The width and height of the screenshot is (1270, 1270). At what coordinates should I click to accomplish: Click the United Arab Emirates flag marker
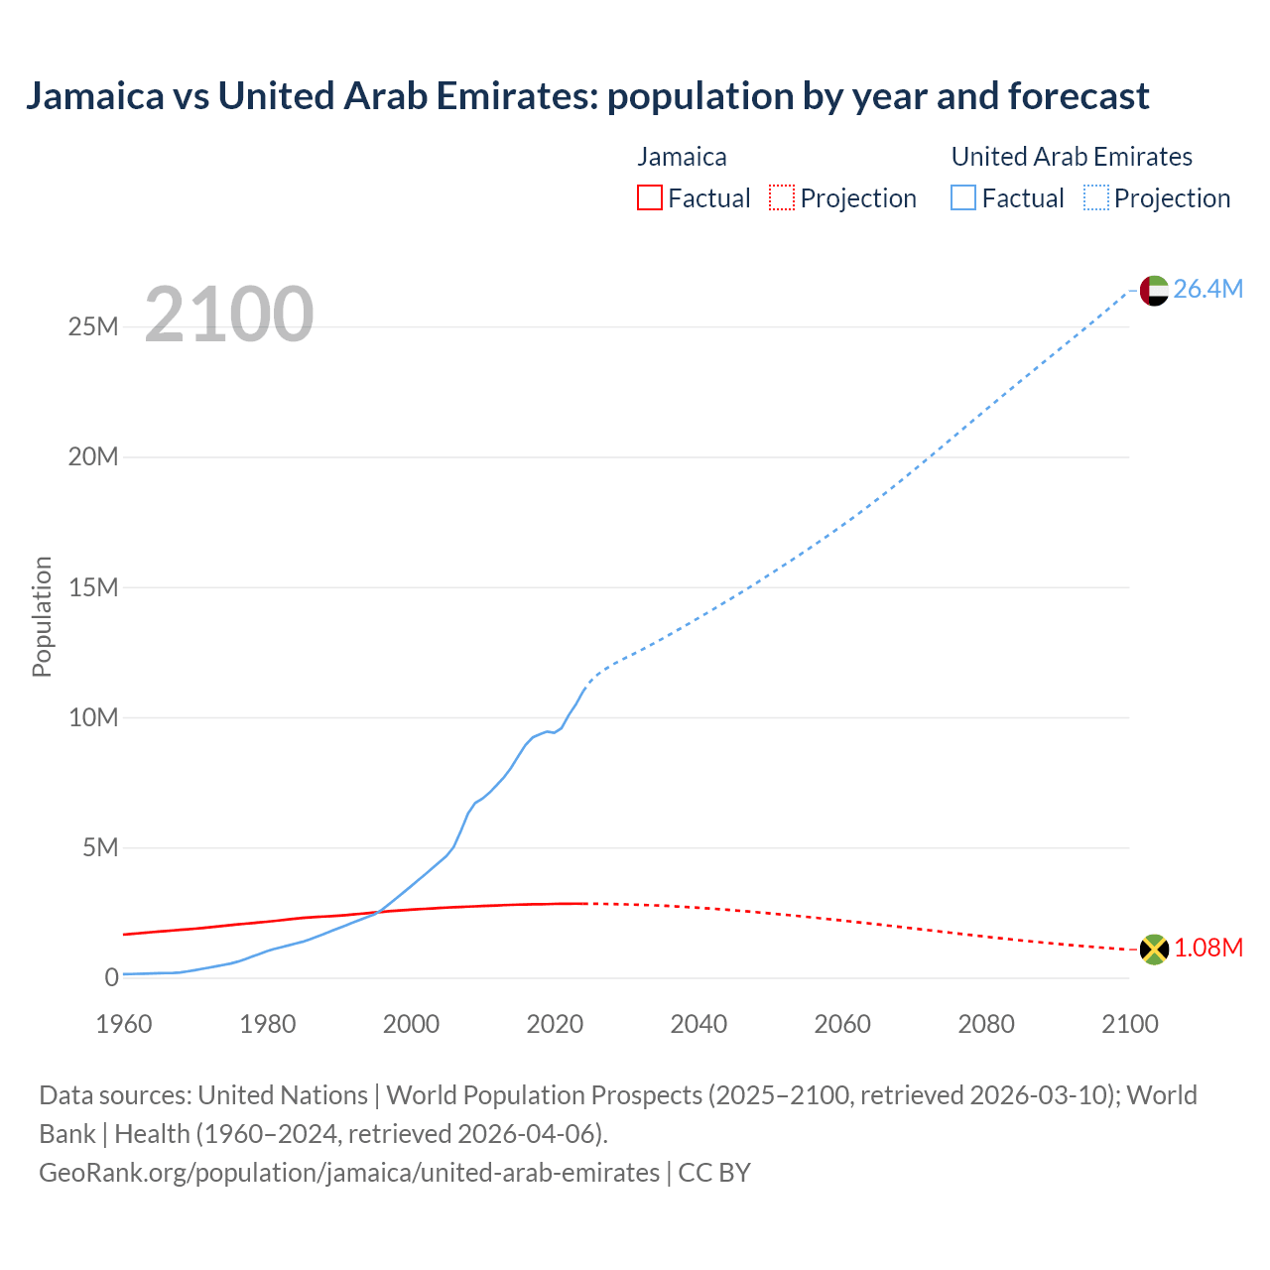[1154, 291]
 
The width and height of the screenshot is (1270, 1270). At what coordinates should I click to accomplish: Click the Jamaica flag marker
[1154, 950]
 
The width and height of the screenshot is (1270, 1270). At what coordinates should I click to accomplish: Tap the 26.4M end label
[1207, 289]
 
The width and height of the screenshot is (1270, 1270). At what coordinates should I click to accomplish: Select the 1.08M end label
[1208, 948]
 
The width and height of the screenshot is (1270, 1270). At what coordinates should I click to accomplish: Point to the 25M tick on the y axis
[93, 326]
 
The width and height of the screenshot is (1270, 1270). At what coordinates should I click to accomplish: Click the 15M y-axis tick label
[93, 587]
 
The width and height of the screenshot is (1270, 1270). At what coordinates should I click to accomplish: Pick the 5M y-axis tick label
[100, 847]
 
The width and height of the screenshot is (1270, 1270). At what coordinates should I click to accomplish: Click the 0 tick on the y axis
[111, 977]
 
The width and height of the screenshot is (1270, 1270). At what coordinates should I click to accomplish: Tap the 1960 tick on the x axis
[124, 1024]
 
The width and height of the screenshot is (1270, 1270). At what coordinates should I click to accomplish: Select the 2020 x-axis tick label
[555, 1024]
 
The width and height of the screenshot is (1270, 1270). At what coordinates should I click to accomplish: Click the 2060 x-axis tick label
[842, 1024]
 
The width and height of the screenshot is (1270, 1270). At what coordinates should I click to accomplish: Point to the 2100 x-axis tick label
[1129, 1024]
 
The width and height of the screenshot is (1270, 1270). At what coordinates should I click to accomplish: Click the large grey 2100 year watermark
[229, 315]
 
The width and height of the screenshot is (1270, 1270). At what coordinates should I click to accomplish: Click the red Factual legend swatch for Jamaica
[650, 198]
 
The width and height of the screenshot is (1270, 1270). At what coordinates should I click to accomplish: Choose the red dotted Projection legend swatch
[782, 198]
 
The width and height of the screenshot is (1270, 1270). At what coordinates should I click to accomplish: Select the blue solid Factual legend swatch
[963, 198]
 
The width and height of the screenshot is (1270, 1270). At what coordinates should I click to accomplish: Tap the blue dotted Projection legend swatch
[1095, 198]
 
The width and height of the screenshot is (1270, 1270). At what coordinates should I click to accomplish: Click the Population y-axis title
[42, 616]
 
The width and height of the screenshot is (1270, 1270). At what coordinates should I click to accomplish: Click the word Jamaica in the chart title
[94, 96]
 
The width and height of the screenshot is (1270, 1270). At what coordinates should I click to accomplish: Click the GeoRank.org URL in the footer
[349, 1173]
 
